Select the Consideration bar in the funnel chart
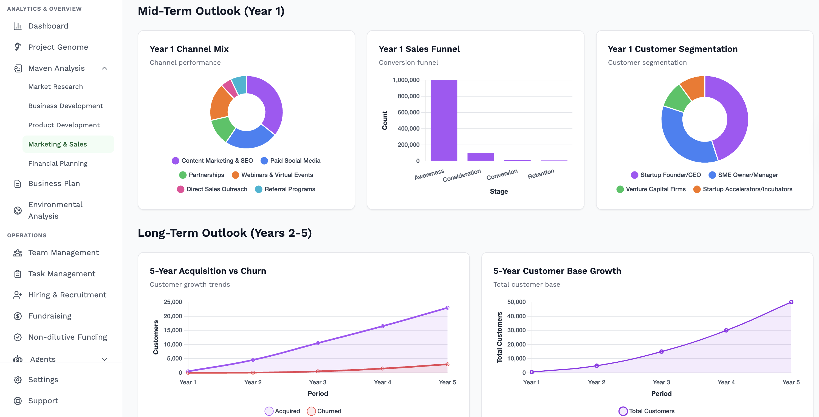pyautogui.click(x=480, y=157)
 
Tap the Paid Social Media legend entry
pyautogui.click(x=290, y=161)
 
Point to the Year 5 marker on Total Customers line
pyautogui.click(x=791, y=302)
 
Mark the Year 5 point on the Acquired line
pyautogui.click(x=447, y=308)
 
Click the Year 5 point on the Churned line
pyautogui.click(x=447, y=364)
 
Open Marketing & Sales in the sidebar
pyautogui.click(x=58, y=144)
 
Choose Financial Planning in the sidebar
pyautogui.click(x=58, y=164)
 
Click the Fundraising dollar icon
pyautogui.click(x=18, y=316)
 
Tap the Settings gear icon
pyautogui.click(x=18, y=379)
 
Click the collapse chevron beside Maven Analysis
pyautogui.click(x=104, y=68)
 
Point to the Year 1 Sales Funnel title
pyautogui.click(x=419, y=49)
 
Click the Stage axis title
pyautogui.click(x=499, y=191)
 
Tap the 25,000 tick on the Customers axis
pyautogui.click(x=173, y=302)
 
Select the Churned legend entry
pyautogui.click(x=324, y=411)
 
